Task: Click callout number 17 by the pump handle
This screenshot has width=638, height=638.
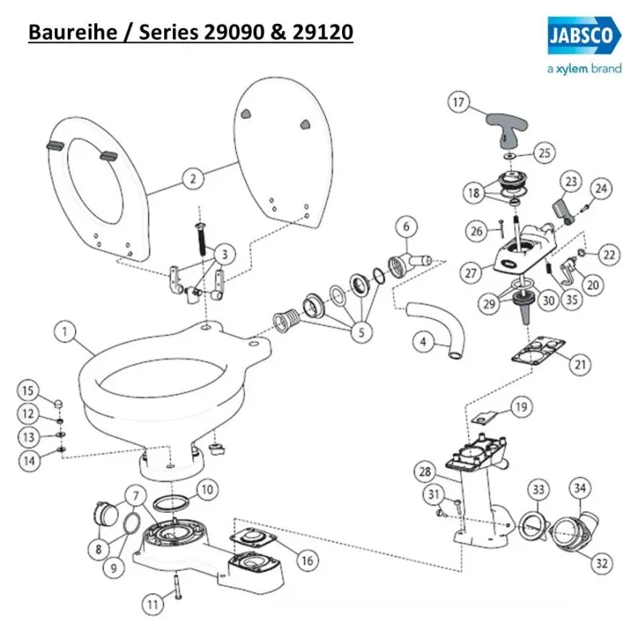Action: (x=457, y=102)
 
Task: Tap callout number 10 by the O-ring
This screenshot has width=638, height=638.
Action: (x=205, y=487)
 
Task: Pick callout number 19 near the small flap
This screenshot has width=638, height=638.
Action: (x=520, y=408)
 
